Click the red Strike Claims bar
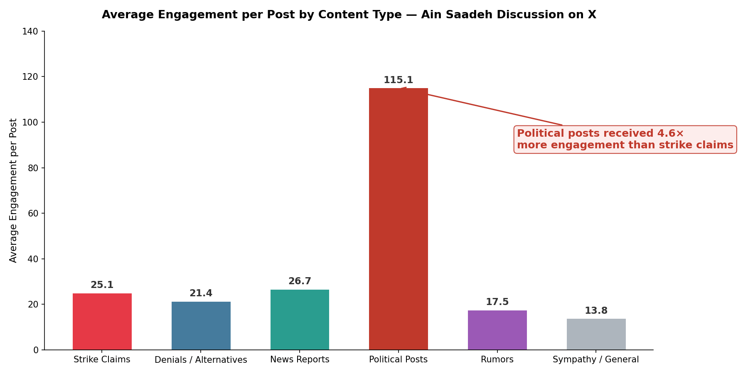point(102,322)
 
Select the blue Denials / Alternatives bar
point(201,326)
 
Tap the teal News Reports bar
point(300,320)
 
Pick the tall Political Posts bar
point(398,219)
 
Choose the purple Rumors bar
point(497,330)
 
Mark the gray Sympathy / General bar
point(596,334)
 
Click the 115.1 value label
point(398,80)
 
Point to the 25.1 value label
point(102,285)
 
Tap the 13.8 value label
point(596,311)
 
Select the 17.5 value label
point(497,302)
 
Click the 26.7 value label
point(300,281)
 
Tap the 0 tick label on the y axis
point(36,350)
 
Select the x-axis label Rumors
point(497,360)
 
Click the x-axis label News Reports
point(300,360)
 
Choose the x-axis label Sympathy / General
point(596,360)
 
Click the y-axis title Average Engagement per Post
point(13,190)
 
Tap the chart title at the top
point(349,15)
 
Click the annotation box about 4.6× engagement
point(625,140)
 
